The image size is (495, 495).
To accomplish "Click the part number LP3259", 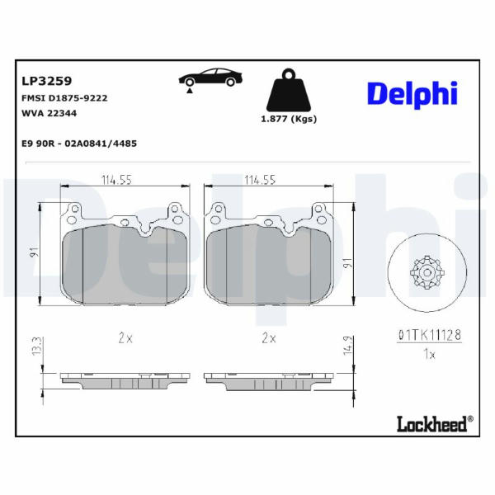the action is [47, 81].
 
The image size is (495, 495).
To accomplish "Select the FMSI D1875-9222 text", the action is [64, 98].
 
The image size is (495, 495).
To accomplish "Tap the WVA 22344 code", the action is [49, 113].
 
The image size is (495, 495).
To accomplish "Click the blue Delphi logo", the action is [412, 94].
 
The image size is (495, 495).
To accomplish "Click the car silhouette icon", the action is [210, 77].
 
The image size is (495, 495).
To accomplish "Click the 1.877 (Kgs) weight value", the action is [289, 119].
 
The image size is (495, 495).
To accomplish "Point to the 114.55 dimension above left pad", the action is [116, 180].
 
